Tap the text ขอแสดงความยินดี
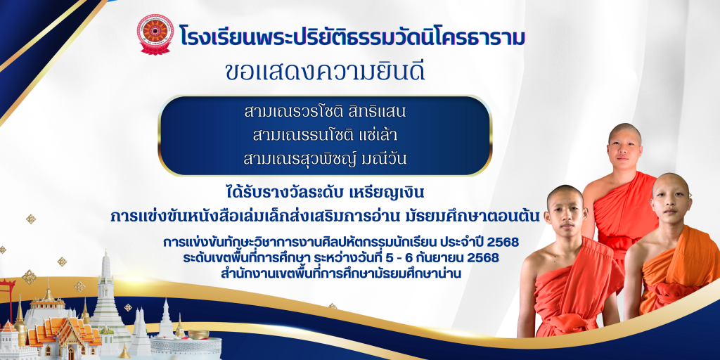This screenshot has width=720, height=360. [325, 72]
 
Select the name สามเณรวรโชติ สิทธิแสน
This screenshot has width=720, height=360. [326, 111]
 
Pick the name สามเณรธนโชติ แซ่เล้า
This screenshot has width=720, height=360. [326, 135]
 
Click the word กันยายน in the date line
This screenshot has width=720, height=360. [448, 258]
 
